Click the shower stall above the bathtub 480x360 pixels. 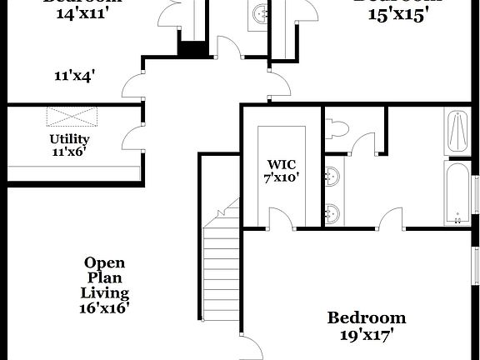(x=457, y=130)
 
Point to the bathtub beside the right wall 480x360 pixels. (x=457, y=194)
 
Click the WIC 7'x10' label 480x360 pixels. (x=281, y=170)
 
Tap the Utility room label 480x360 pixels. (x=69, y=145)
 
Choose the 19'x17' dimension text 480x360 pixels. (x=366, y=335)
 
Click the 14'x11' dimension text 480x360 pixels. (x=71, y=14)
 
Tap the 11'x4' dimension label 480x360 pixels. (x=74, y=75)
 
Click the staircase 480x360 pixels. (x=222, y=267)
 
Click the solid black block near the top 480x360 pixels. (x=192, y=49)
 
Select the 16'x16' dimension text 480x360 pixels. (x=105, y=307)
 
